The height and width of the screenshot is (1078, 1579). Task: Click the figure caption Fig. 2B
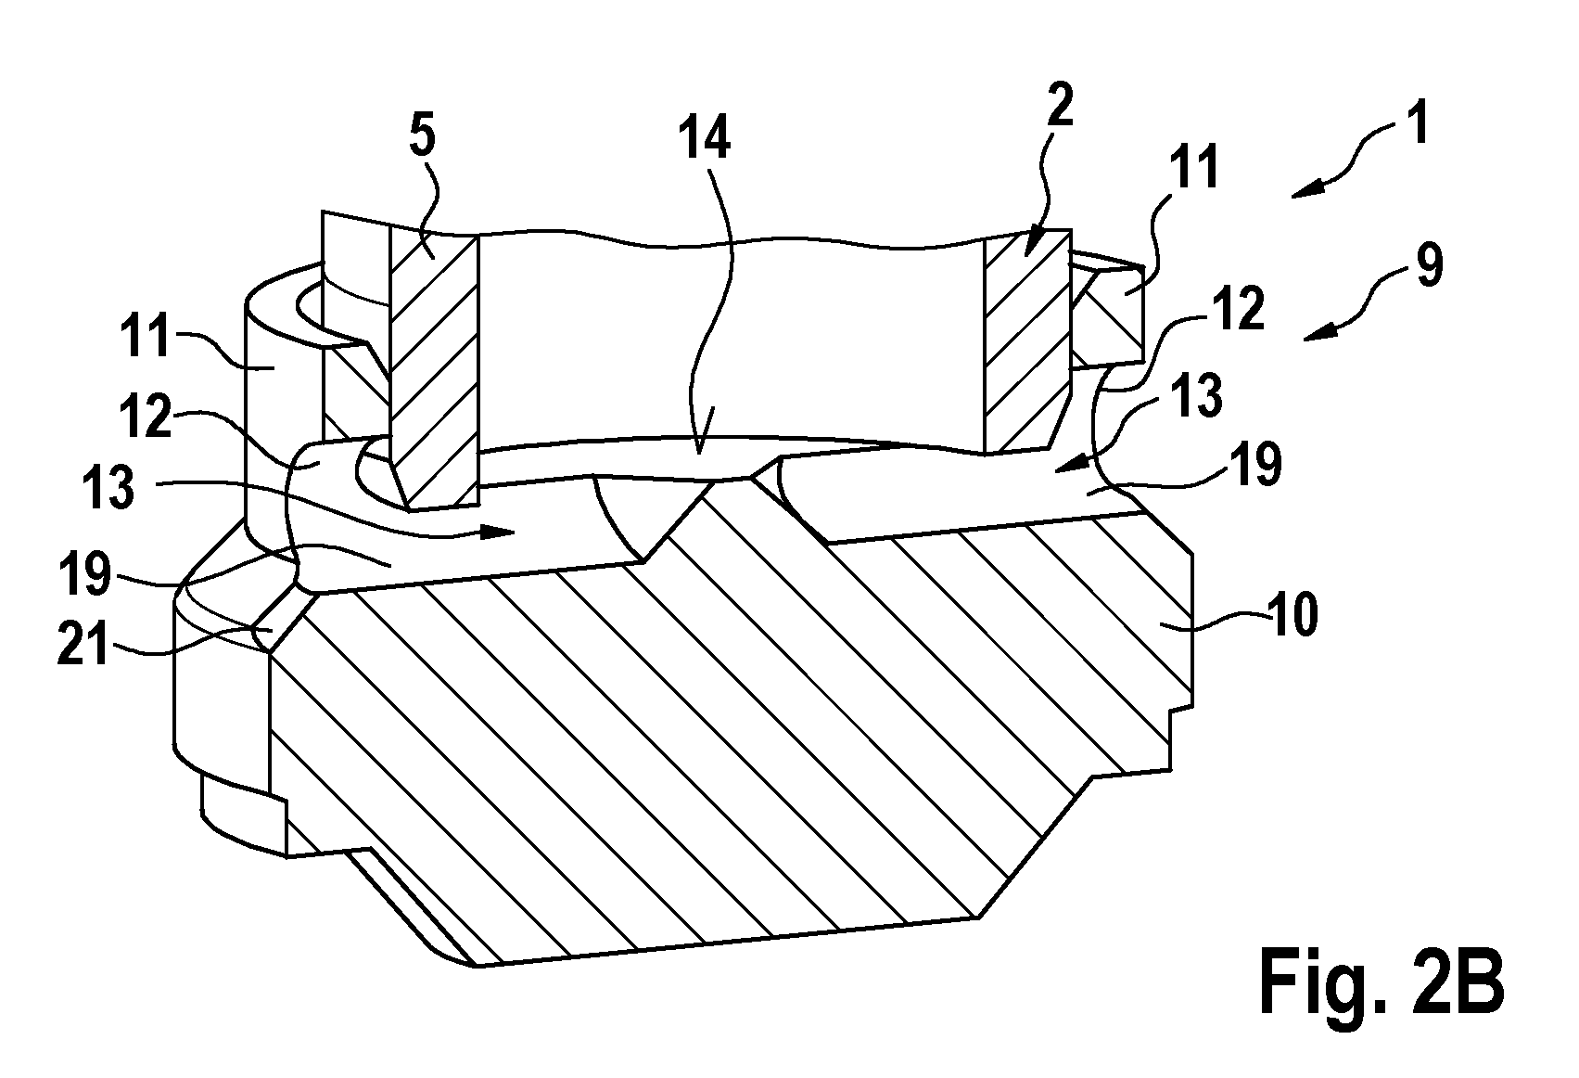tap(1382, 981)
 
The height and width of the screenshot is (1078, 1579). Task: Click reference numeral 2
tap(1059, 104)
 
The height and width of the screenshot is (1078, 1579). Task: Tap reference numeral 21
tap(83, 644)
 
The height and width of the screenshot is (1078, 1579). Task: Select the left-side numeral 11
tap(146, 337)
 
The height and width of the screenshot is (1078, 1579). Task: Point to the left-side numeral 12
tap(146, 417)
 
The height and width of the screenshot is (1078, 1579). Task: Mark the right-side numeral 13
tap(1197, 395)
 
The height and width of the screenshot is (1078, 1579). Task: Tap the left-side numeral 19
tap(85, 572)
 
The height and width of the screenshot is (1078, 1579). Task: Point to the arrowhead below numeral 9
tap(1317, 334)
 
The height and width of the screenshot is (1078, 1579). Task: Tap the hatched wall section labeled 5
tap(434, 366)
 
